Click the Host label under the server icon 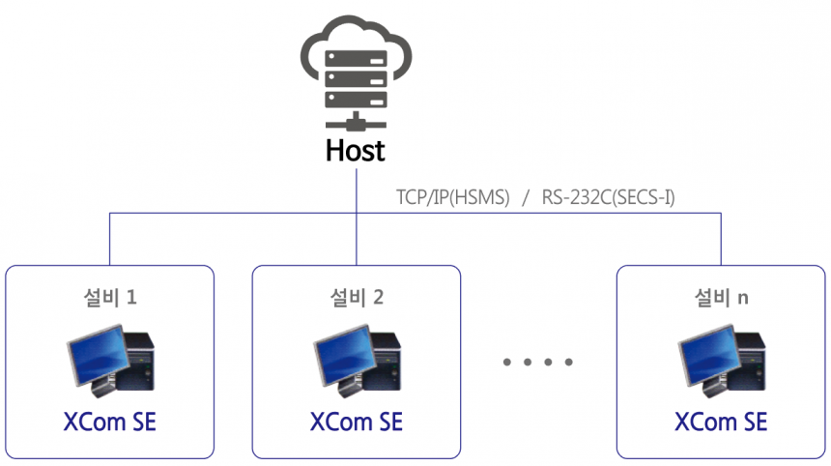[x=356, y=151]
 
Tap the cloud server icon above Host [x=356, y=73]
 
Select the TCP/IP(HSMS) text [x=452, y=198]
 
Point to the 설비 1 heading [x=109, y=296]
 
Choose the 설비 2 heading [x=356, y=296]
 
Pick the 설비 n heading [x=721, y=296]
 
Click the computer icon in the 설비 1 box [x=109, y=361]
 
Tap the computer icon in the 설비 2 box [x=356, y=361]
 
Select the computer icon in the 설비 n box [x=721, y=361]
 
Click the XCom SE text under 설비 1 [x=109, y=422]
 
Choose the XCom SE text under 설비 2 [x=356, y=422]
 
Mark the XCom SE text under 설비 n [x=721, y=422]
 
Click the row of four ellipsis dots [x=538, y=363]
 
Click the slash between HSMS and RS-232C [x=526, y=198]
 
